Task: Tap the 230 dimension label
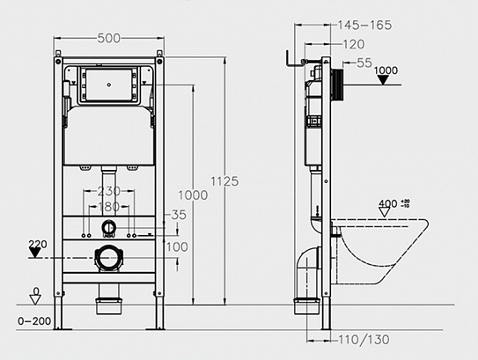[x=109, y=191]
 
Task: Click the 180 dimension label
[x=109, y=207]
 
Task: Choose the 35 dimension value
[x=180, y=214]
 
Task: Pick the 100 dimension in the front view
[x=177, y=247]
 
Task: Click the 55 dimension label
[x=364, y=62]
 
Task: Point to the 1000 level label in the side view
[x=386, y=70]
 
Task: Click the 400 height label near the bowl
[x=388, y=204]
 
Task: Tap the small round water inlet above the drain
[x=107, y=228]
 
